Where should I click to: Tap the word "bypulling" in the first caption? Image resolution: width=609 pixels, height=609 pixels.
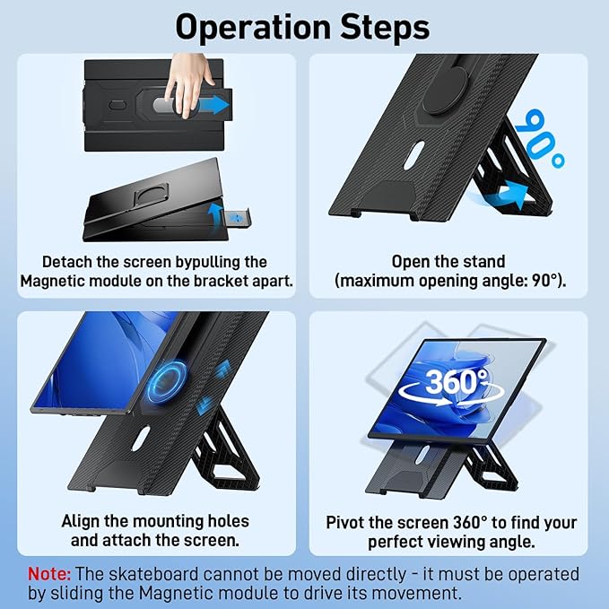click(184, 262)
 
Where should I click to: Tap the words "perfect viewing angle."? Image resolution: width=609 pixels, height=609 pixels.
click(451, 542)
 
